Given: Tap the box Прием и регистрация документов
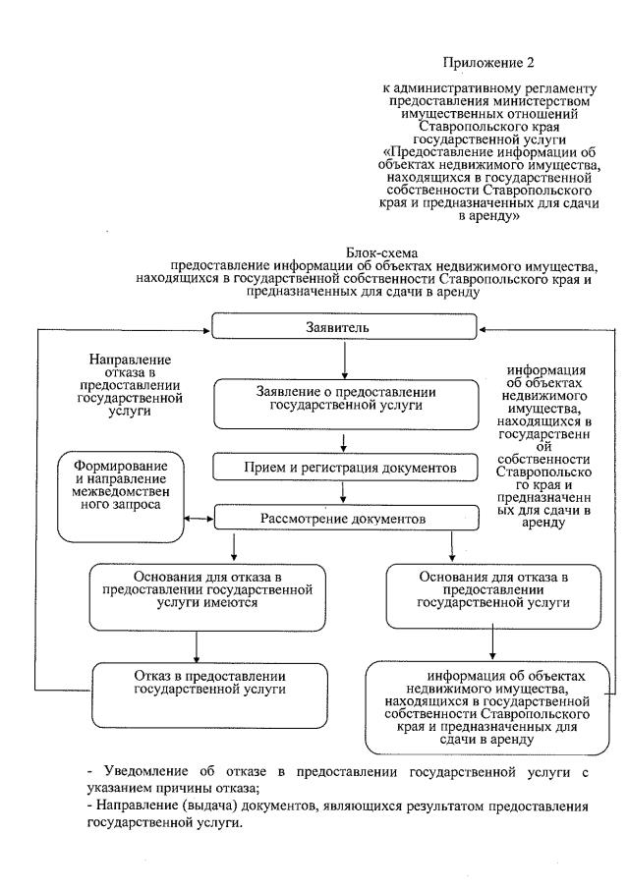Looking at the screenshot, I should point(342,467).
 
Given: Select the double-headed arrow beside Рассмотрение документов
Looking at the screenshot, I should point(200,518).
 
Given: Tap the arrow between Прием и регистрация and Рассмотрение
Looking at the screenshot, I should point(343,491).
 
